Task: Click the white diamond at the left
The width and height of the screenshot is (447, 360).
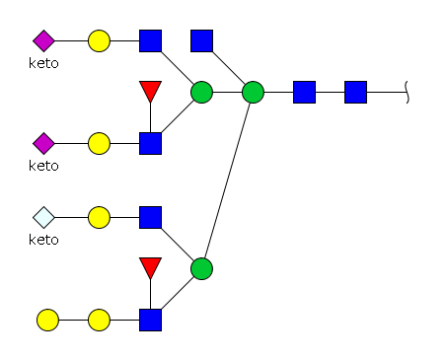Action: coord(43,217)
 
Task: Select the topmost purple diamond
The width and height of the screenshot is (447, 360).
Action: coord(43,40)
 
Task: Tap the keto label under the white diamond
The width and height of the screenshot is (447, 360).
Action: coord(43,240)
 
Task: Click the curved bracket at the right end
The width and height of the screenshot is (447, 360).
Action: coord(407,92)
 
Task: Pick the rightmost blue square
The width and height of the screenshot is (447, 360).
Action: coord(355,92)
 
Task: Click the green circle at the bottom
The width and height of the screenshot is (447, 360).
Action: coord(201,269)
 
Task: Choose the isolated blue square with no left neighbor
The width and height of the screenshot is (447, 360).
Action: coord(201,40)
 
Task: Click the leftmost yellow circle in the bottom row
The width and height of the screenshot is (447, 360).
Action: coord(47,320)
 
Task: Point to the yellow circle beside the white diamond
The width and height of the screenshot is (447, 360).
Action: coord(99,217)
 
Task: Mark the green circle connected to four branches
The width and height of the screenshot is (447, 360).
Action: coord(253,92)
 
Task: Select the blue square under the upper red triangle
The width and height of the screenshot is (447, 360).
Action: coord(150,143)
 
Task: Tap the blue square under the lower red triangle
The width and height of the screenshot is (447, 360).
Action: coord(150,320)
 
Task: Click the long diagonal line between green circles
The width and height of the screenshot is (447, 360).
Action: coord(227,180)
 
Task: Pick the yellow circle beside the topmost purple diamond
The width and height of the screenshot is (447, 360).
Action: coord(99,40)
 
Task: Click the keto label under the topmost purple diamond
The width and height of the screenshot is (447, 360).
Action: coord(43,63)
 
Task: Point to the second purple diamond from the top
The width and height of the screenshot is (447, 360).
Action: coord(43,143)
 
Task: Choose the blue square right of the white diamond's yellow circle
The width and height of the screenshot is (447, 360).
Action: coord(150,217)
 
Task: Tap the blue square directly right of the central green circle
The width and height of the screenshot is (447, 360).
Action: coord(304,92)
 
